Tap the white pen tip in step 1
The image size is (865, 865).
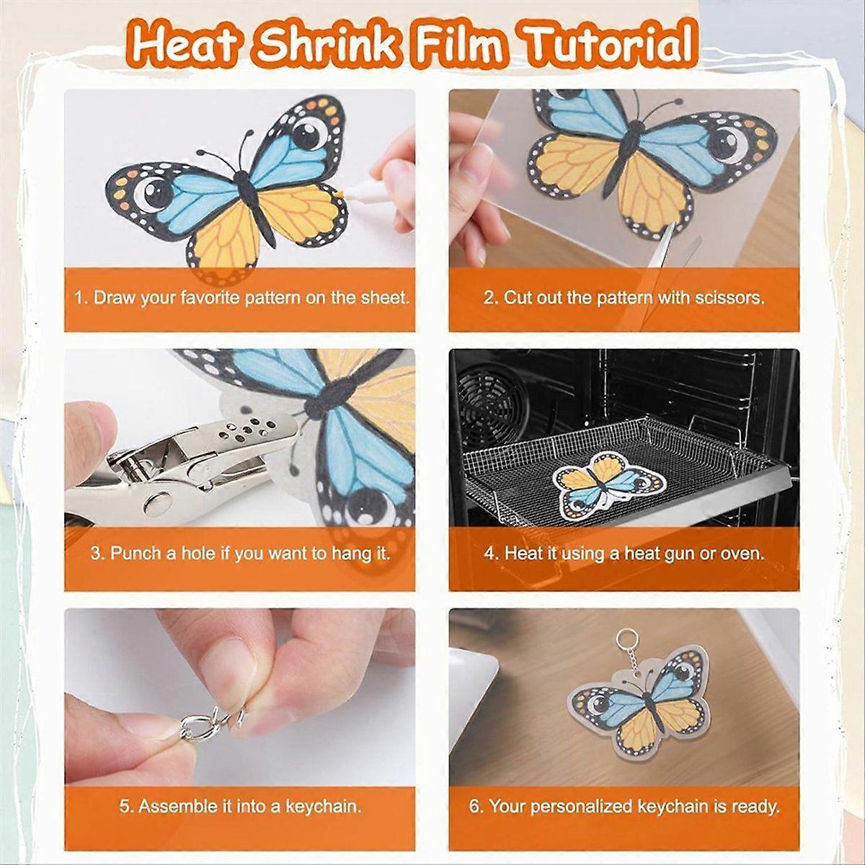coord(338,194)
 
